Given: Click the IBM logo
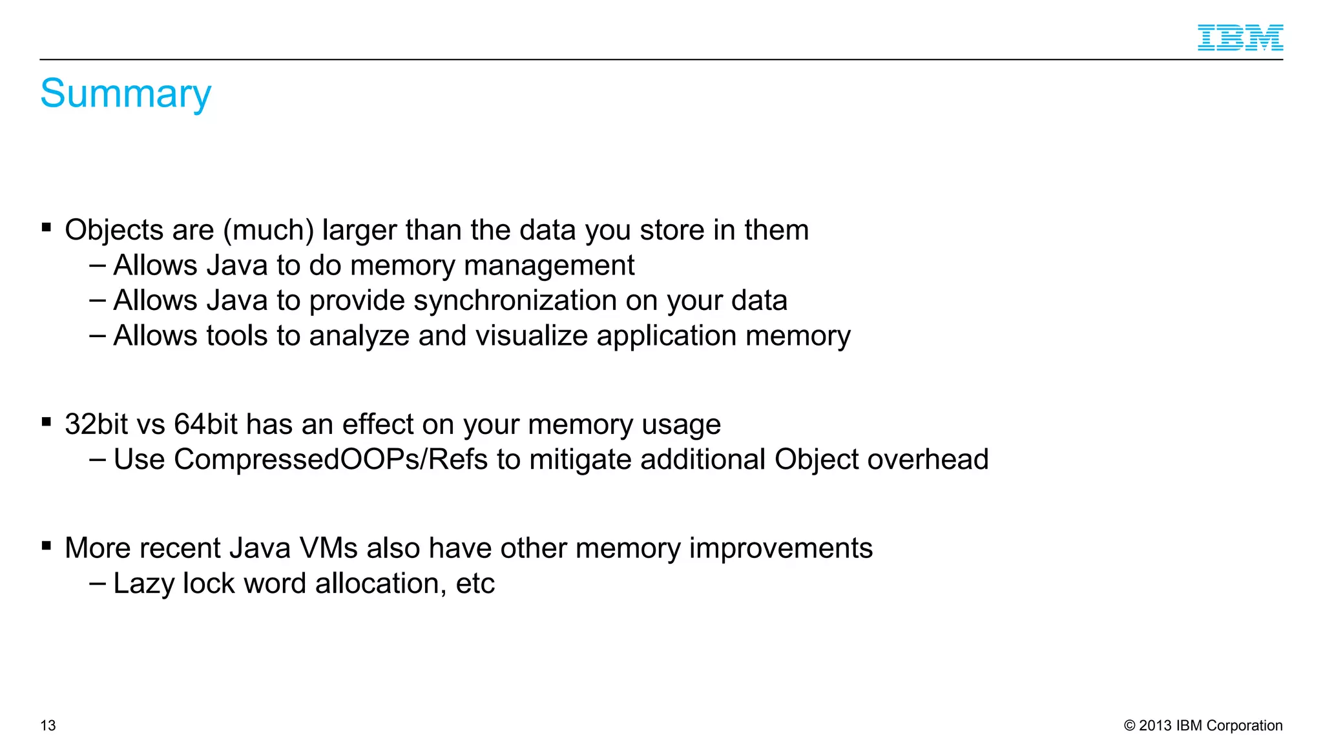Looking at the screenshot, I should [1240, 37].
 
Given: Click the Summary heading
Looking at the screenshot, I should [125, 94].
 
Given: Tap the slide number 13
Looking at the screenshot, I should [48, 725].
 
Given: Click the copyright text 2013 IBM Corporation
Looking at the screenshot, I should [1203, 725].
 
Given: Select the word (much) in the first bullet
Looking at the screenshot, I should [268, 231].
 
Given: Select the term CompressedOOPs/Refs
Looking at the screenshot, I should [330, 460].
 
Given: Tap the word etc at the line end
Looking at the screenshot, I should [475, 584].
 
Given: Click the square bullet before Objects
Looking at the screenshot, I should [47, 227].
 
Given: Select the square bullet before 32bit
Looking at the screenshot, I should [47, 422].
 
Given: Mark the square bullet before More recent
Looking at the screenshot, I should [47, 546].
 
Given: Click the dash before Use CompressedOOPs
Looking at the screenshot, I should [98, 459].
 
